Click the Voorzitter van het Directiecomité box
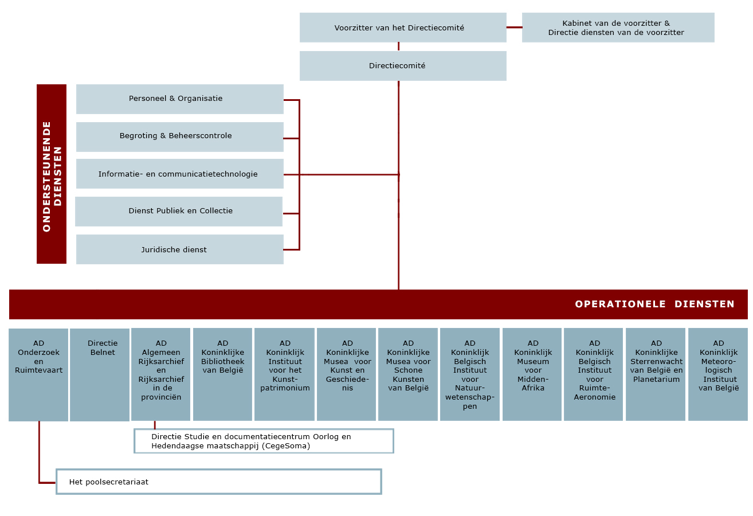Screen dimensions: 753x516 (403, 28)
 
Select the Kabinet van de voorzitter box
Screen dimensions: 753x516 (618, 28)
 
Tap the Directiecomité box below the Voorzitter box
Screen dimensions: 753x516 (403, 66)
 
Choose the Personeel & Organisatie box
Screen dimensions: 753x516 (180, 99)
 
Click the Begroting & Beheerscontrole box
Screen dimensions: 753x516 (180, 137)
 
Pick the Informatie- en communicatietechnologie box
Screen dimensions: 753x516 (180, 174)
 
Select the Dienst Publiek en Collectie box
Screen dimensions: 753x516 (179, 212)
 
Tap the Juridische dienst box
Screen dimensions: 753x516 (180, 249)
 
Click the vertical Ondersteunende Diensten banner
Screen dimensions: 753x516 (52, 174)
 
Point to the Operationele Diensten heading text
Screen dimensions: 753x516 (654, 304)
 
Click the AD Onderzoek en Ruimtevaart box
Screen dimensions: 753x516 (38, 375)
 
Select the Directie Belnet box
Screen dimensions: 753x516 (100, 375)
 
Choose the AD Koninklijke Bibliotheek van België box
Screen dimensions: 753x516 (222, 374)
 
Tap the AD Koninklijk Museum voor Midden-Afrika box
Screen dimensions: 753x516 (532, 374)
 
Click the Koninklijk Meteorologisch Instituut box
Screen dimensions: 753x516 (718, 374)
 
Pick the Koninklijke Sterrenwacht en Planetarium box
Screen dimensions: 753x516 (656, 374)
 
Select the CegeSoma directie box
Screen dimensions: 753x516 (264, 441)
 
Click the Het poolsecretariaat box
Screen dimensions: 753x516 (219, 482)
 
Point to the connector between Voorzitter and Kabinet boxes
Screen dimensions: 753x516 (515, 28)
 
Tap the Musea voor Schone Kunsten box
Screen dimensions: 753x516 (408, 374)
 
